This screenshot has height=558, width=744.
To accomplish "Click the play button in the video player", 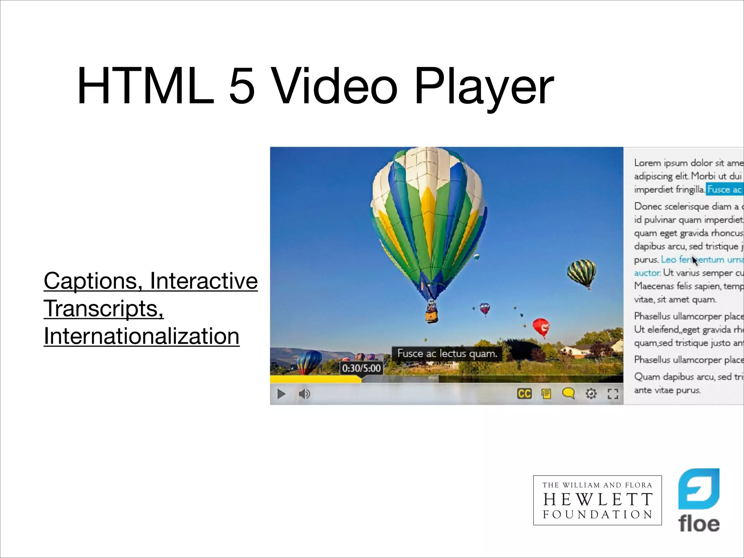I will [x=281, y=394].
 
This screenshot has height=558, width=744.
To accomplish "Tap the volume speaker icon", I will [x=304, y=394].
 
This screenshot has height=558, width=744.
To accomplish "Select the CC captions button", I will [x=524, y=394].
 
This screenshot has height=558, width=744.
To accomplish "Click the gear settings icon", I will [x=591, y=393].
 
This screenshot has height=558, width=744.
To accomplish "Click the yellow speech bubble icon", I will [x=568, y=393].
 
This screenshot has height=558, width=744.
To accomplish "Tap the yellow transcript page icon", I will [x=546, y=394].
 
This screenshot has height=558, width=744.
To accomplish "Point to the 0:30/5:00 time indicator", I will [x=361, y=368].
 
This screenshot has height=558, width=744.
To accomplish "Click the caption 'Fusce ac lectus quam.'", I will [x=447, y=353].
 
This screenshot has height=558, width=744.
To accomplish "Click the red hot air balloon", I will [x=541, y=326].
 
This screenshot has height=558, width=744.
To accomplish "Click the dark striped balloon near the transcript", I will [x=582, y=272].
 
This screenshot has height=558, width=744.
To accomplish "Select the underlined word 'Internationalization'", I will [x=141, y=336].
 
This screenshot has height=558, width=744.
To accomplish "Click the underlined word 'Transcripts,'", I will [x=104, y=308].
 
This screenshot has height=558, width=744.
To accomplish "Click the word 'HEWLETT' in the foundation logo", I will [x=598, y=500].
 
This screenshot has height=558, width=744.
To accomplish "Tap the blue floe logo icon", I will [x=699, y=489].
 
